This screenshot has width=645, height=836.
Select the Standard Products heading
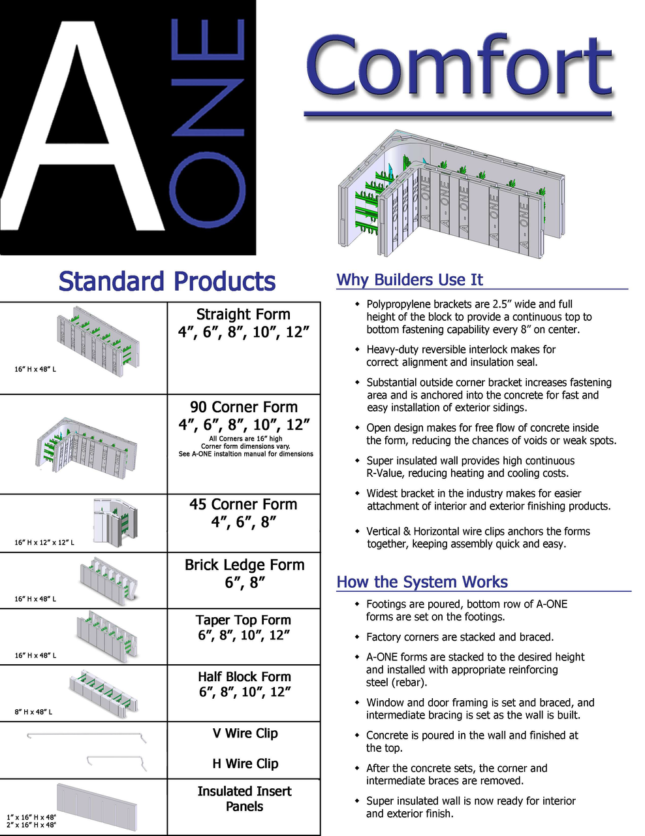click(x=167, y=281)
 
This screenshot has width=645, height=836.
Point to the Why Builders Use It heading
click(x=409, y=280)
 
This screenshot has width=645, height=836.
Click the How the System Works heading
click(x=422, y=582)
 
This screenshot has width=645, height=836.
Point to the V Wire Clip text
click(x=245, y=733)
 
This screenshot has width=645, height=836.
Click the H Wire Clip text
click(x=245, y=764)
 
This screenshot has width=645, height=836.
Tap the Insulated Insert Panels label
click(x=244, y=799)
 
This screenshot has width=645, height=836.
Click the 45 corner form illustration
click(x=115, y=521)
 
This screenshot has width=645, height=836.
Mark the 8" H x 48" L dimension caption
click(x=33, y=712)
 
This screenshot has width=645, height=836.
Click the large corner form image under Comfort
click(x=450, y=196)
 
